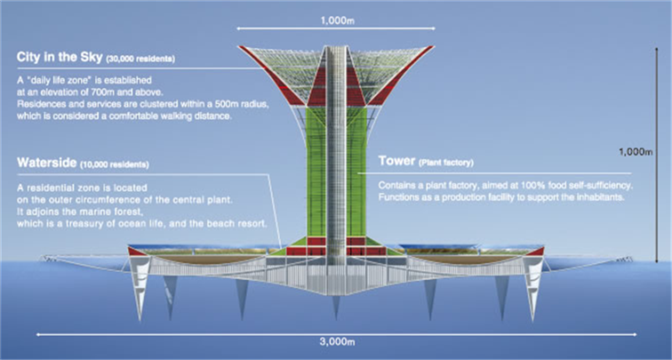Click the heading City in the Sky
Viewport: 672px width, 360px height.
[59, 58]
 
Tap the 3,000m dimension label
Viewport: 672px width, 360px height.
[335, 342]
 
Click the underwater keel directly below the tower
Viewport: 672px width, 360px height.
[335, 307]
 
